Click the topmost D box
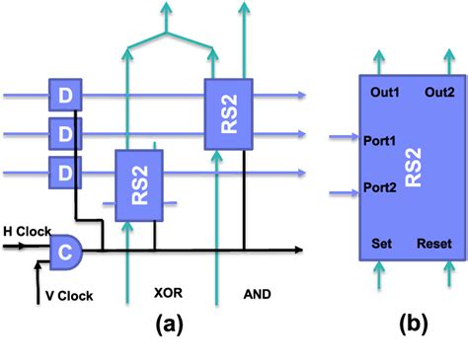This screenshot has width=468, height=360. click(x=64, y=96)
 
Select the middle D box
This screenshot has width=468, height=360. click(x=64, y=134)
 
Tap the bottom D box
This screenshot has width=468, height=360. click(x=64, y=174)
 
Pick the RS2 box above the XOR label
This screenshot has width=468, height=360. click(x=137, y=185)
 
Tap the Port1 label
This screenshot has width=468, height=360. click(x=379, y=140)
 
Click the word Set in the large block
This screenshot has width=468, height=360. click(x=382, y=243)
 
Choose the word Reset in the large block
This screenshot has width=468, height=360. click(x=434, y=243)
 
